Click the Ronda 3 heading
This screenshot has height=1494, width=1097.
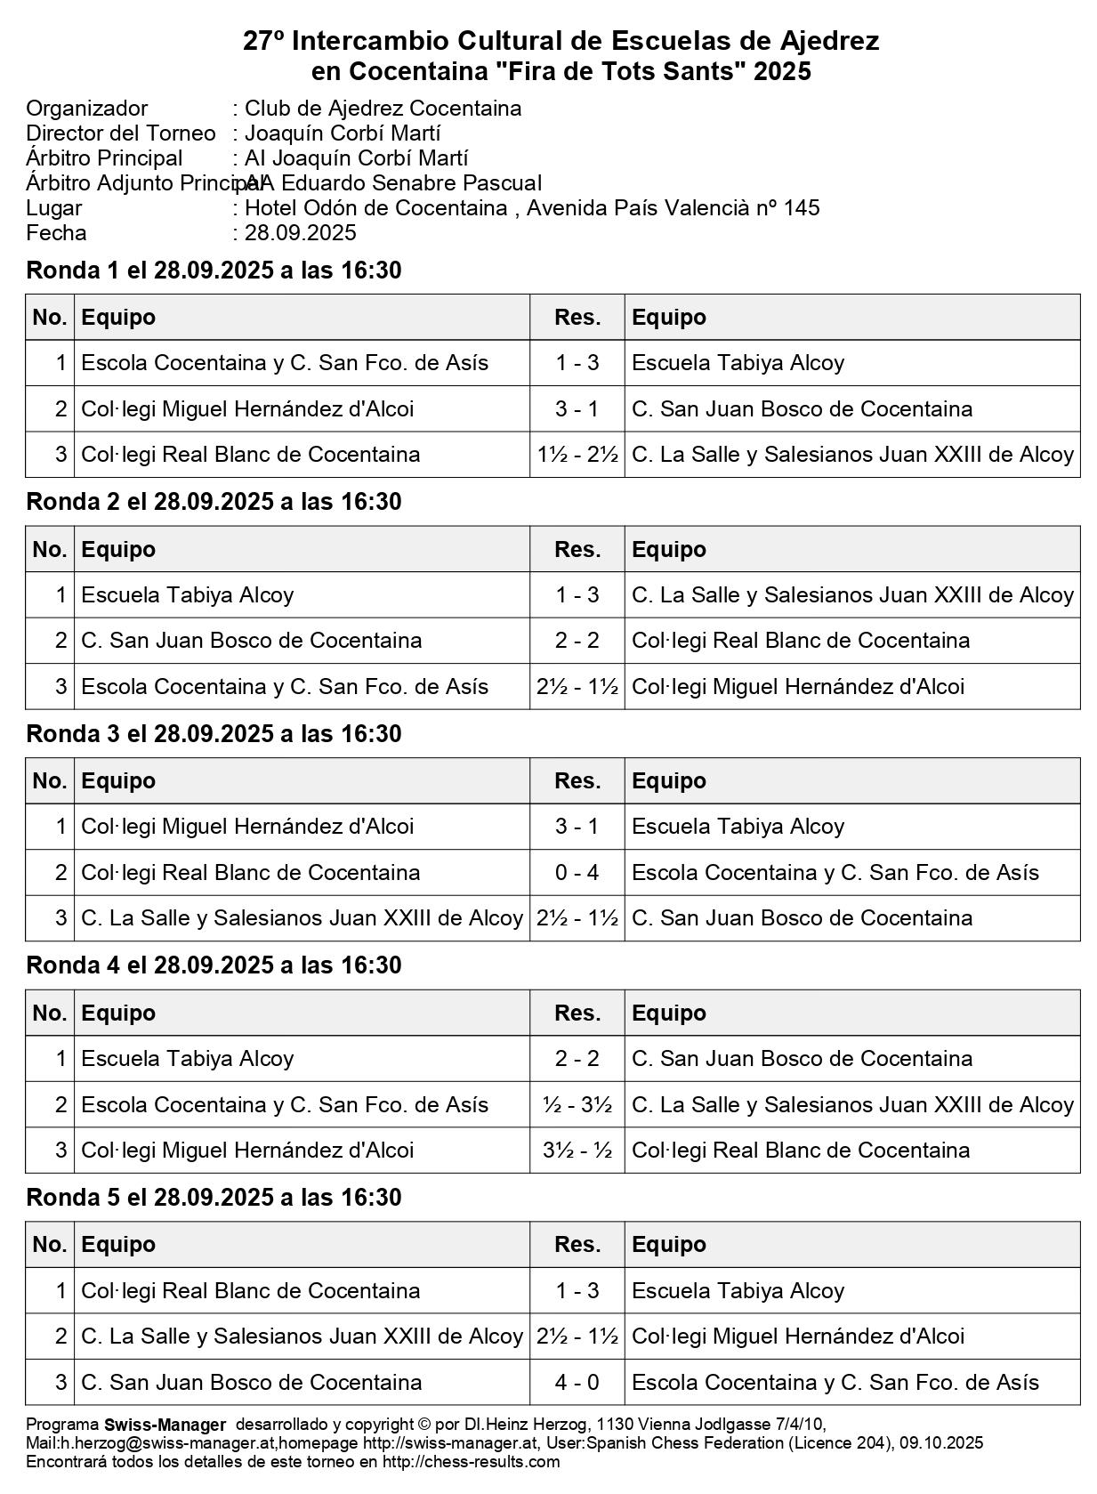[x=214, y=734]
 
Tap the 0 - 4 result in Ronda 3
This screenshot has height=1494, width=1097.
[x=577, y=873]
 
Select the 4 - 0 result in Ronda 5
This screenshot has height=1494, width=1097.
[x=577, y=1383]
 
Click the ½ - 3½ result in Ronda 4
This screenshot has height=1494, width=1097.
[x=577, y=1105]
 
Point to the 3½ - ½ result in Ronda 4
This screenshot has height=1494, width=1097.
[x=577, y=1151]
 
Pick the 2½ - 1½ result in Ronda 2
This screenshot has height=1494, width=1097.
[x=577, y=687]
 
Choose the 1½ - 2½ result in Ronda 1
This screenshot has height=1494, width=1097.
[x=577, y=455]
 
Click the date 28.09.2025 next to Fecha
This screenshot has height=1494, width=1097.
[x=300, y=233]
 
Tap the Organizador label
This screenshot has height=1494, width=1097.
[x=87, y=109]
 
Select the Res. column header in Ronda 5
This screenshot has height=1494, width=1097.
[x=577, y=1245]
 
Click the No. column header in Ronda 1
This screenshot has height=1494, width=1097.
[x=50, y=318]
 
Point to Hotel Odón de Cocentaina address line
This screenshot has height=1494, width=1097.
[x=531, y=208]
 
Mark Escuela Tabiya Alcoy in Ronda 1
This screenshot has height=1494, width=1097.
[x=738, y=363]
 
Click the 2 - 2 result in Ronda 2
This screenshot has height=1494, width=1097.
[x=577, y=641]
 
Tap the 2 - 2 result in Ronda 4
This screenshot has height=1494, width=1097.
[x=577, y=1059]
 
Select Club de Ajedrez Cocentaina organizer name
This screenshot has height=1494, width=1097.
[x=383, y=109]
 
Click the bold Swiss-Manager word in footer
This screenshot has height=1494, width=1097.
[x=165, y=1425]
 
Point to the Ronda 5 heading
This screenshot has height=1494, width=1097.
[x=214, y=1198]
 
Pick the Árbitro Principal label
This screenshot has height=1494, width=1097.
[x=104, y=158]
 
